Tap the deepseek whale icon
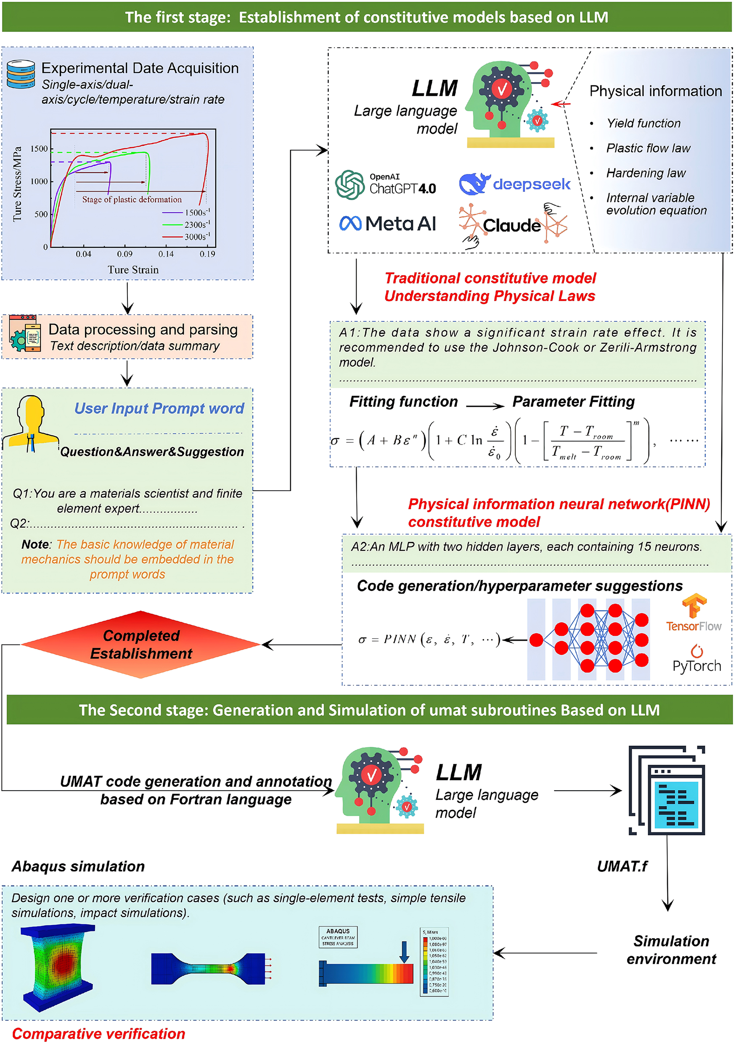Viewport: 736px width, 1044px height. pos(474,184)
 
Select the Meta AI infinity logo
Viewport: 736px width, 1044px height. pos(350,223)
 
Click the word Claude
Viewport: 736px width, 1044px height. pos(511,225)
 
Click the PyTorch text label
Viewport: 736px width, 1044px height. pos(696,666)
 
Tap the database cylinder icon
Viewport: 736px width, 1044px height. pos(21,74)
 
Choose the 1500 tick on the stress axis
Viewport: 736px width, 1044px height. pos(39,149)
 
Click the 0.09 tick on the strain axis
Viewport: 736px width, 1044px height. pos(125,254)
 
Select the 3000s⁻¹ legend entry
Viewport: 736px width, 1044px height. pos(197,237)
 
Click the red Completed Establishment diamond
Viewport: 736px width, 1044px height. pos(141,644)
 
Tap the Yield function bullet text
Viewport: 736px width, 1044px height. pos(643,123)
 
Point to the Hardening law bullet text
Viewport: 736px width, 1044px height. pos(646,173)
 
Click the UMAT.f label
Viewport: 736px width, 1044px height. pos(622,866)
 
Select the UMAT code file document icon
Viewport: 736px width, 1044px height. pos(668,790)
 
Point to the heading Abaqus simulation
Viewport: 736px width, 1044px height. pos(78,866)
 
